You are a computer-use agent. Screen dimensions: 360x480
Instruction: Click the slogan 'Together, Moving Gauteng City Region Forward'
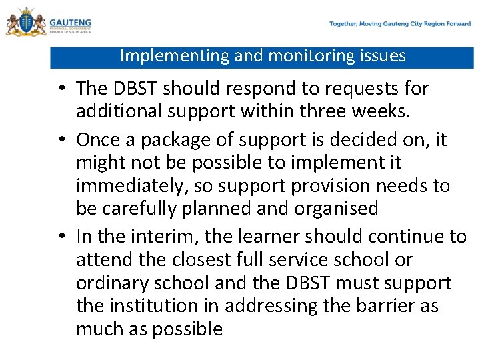[399, 24]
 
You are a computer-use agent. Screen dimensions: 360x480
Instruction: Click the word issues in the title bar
[383, 56]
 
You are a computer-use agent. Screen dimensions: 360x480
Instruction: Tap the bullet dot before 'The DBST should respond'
[61, 89]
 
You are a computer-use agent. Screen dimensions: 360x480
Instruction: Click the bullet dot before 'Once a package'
[61, 141]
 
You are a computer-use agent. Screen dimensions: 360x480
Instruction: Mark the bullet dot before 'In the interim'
[61, 237]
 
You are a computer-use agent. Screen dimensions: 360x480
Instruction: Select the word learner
[271, 237]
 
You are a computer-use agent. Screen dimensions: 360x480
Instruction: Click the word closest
[203, 260]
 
